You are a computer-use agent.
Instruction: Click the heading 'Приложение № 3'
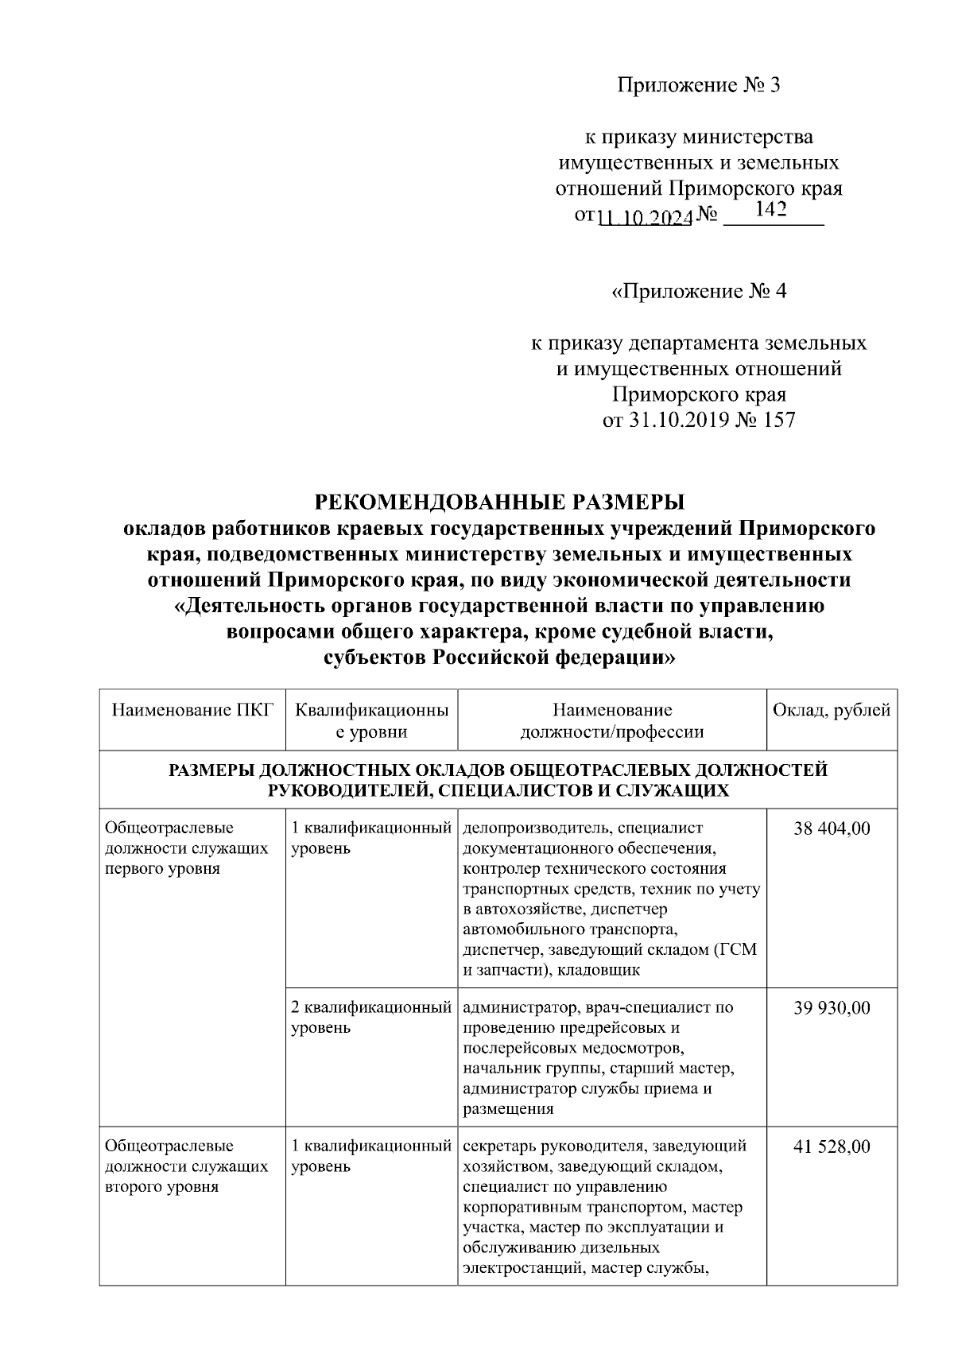(x=699, y=86)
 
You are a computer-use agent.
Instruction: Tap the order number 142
(x=771, y=210)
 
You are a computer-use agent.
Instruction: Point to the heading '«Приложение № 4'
(x=699, y=292)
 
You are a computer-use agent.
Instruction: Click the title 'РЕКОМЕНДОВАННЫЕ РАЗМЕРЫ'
(x=499, y=502)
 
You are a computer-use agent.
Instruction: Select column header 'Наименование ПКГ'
(x=192, y=710)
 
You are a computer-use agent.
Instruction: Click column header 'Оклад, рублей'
(x=832, y=710)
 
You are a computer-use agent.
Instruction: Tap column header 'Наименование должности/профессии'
(x=611, y=720)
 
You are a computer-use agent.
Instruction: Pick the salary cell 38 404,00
(x=832, y=828)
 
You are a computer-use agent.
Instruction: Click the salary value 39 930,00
(x=832, y=1008)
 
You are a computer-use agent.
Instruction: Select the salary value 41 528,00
(x=832, y=1146)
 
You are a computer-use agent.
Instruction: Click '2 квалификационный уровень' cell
(x=370, y=1018)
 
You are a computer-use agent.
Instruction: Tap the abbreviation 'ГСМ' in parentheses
(x=739, y=950)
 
